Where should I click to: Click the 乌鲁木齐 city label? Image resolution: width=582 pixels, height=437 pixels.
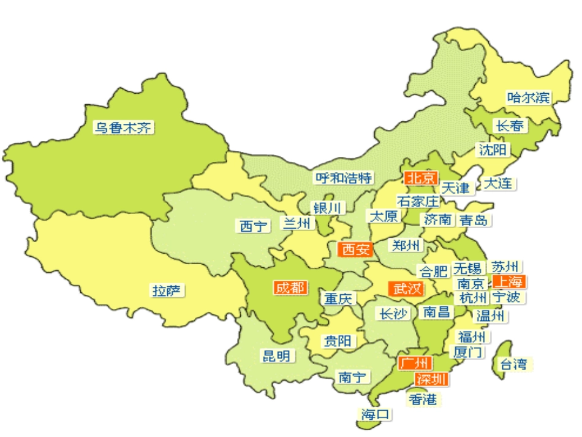pyautogui.click(x=123, y=127)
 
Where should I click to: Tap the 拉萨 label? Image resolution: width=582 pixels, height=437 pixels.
pyautogui.click(x=168, y=291)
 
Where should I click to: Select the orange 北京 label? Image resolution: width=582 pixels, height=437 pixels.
pyautogui.click(x=421, y=178)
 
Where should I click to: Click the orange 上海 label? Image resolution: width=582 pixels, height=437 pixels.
pyautogui.click(x=508, y=281)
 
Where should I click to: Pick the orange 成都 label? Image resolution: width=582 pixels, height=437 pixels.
pyautogui.click(x=291, y=287)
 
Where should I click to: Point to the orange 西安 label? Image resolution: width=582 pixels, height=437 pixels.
pyautogui.click(x=355, y=249)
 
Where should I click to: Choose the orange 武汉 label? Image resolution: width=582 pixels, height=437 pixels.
pyautogui.click(x=406, y=288)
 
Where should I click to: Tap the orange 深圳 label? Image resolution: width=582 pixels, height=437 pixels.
pyautogui.click(x=431, y=379)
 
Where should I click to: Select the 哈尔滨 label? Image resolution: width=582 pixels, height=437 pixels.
pyautogui.click(x=529, y=97)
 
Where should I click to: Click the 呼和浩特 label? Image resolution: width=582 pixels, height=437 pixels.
pyautogui.click(x=343, y=178)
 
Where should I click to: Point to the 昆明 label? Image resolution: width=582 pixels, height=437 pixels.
pyautogui.click(x=276, y=355)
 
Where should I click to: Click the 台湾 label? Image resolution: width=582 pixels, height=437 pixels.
pyautogui.click(x=513, y=365)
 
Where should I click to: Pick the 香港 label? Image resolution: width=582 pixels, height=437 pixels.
pyautogui.click(x=423, y=399)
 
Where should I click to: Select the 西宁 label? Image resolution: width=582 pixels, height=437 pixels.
pyautogui.click(x=253, y=226)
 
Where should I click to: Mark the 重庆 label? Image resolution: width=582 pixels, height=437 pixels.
pyautogui.click(x=339, y=299)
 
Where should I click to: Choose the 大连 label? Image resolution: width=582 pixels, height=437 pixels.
pyautogui.click(x=499, y=183)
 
